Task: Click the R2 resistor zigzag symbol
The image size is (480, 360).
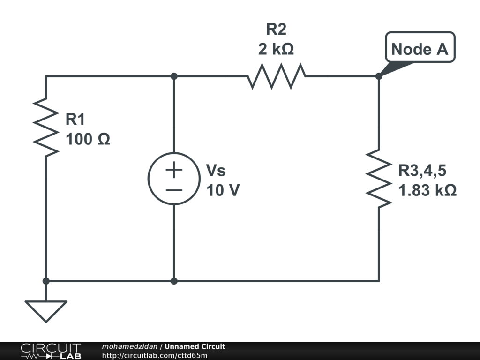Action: [x=277, y=76]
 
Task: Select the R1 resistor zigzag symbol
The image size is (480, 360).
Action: [x=46, y=127]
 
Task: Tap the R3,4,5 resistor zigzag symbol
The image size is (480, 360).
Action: [x=379, y=178]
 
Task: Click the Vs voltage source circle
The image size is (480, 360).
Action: [x=173, y=178]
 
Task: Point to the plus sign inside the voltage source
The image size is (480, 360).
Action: [x=174, y=170]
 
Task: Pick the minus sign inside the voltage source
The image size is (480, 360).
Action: [x=174, y=189]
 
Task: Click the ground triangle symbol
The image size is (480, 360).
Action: [x=46, y=310]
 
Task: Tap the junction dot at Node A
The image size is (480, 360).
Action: [x=379, y=76]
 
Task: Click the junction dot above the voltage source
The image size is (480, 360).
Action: [x=174, y=76]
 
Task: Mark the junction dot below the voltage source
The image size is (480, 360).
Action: [x=174, y=281]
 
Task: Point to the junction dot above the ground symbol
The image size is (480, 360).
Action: [x=46, y=281]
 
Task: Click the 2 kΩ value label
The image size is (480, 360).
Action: [x=276, y=49]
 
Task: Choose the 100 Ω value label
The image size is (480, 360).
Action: [x=88, y=139]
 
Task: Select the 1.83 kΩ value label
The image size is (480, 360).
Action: [x=427, y=190]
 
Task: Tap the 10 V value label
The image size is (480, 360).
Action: [x=223, y=190]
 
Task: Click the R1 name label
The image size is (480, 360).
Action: [x=75, y=120]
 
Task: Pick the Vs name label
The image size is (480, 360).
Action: [x=216, y=170]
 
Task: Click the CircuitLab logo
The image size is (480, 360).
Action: [x=51, y=351]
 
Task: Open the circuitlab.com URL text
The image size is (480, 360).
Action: [x=154, y=355]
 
